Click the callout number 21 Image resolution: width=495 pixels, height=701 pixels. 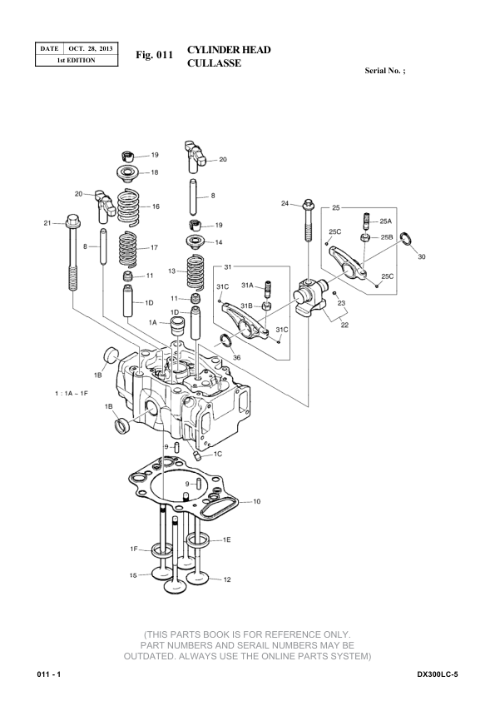(x=47, y=223)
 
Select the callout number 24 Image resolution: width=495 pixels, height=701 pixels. (x=285, y=203)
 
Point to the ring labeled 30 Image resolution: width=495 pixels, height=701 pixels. (x=406, y=238)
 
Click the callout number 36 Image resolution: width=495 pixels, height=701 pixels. (x=237, y=357)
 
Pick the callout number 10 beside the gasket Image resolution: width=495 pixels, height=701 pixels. (x=257, y=502)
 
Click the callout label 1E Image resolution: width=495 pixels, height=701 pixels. (x=227, y=540)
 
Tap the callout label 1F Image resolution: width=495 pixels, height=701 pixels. (x=134, y=549)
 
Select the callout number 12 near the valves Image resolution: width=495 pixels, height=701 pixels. (x=227, y=579)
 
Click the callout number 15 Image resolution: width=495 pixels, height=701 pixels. (x=133, y=575)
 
